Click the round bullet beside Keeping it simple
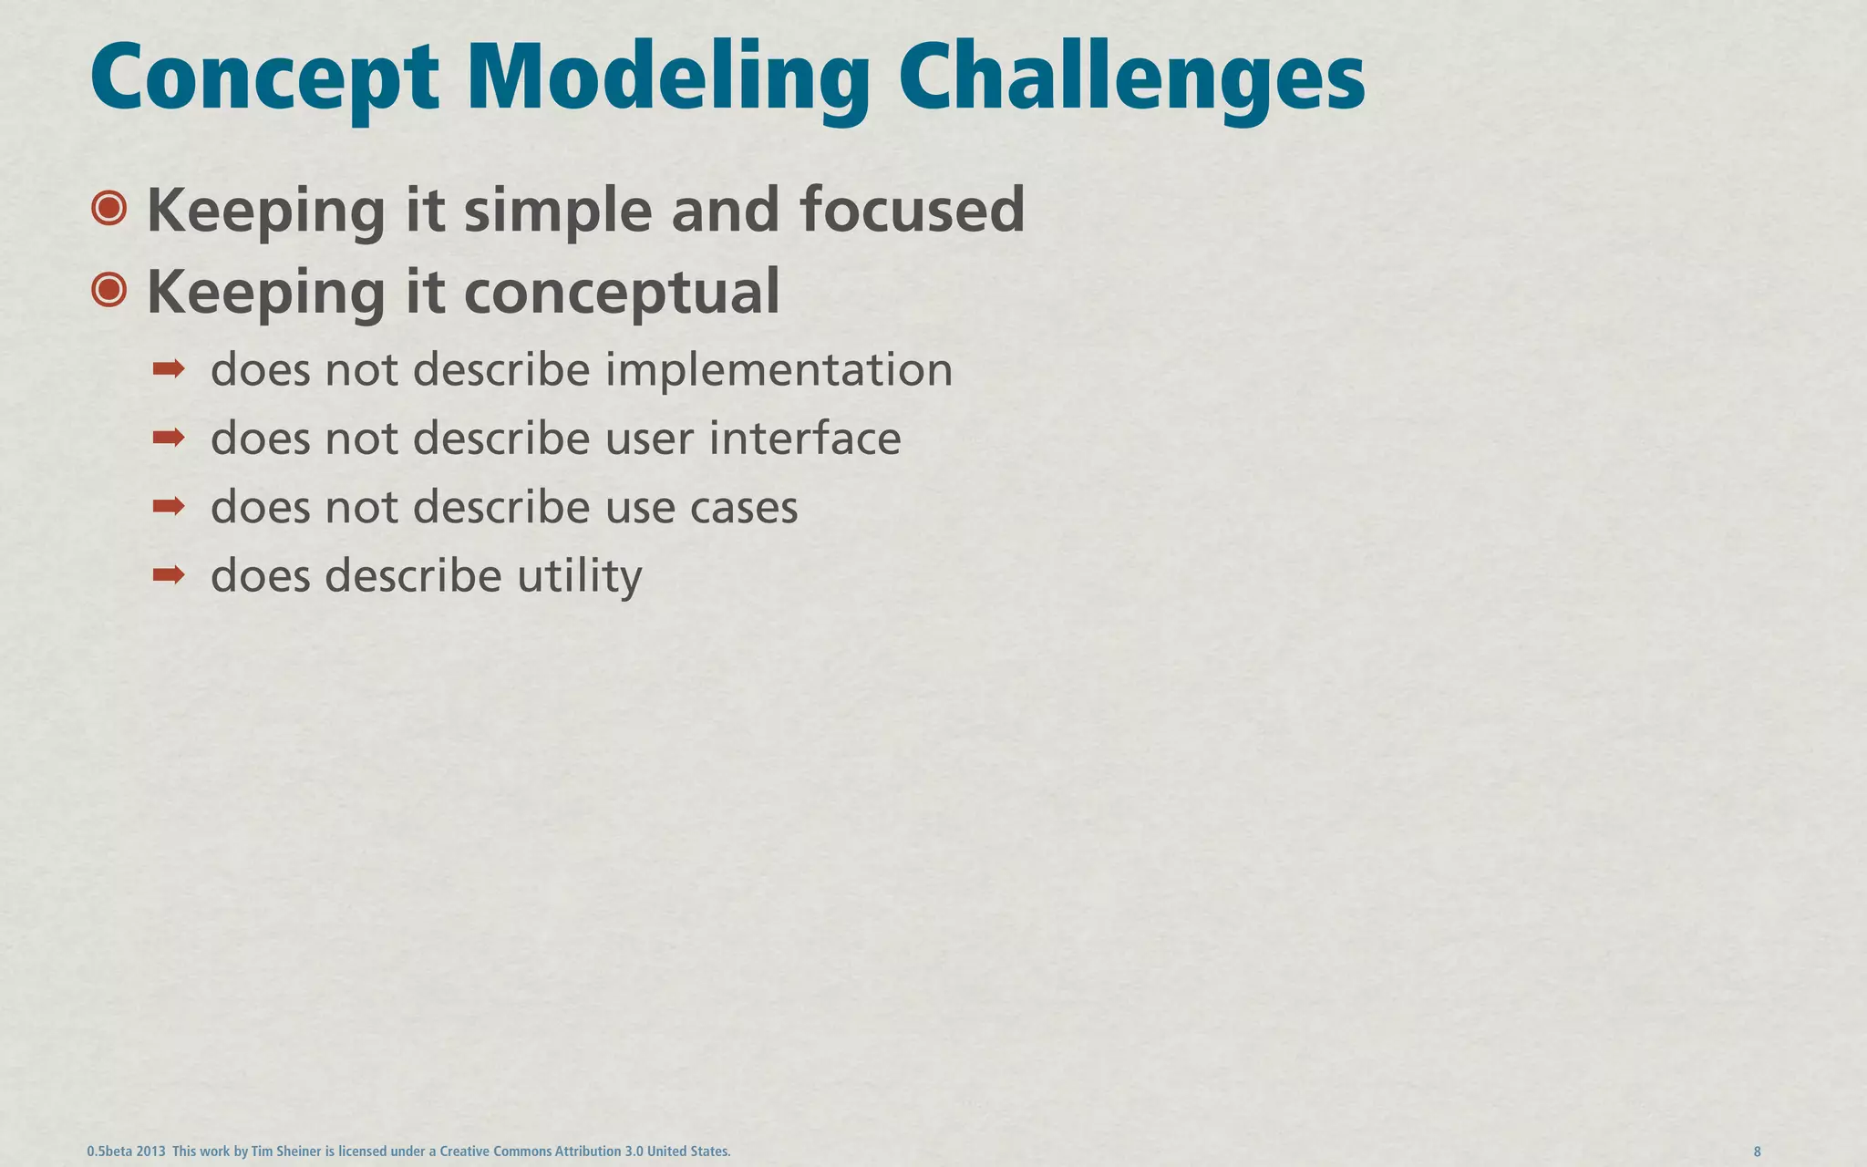point(109,209)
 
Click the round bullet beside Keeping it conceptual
point(109,291)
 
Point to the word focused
point(912,210)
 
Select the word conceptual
point(622,293)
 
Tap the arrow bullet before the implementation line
point(169,369)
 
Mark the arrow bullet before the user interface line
point(169,439)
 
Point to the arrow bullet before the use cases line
point(169,506)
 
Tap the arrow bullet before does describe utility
point(169,574)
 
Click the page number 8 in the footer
point(1757,1152)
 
